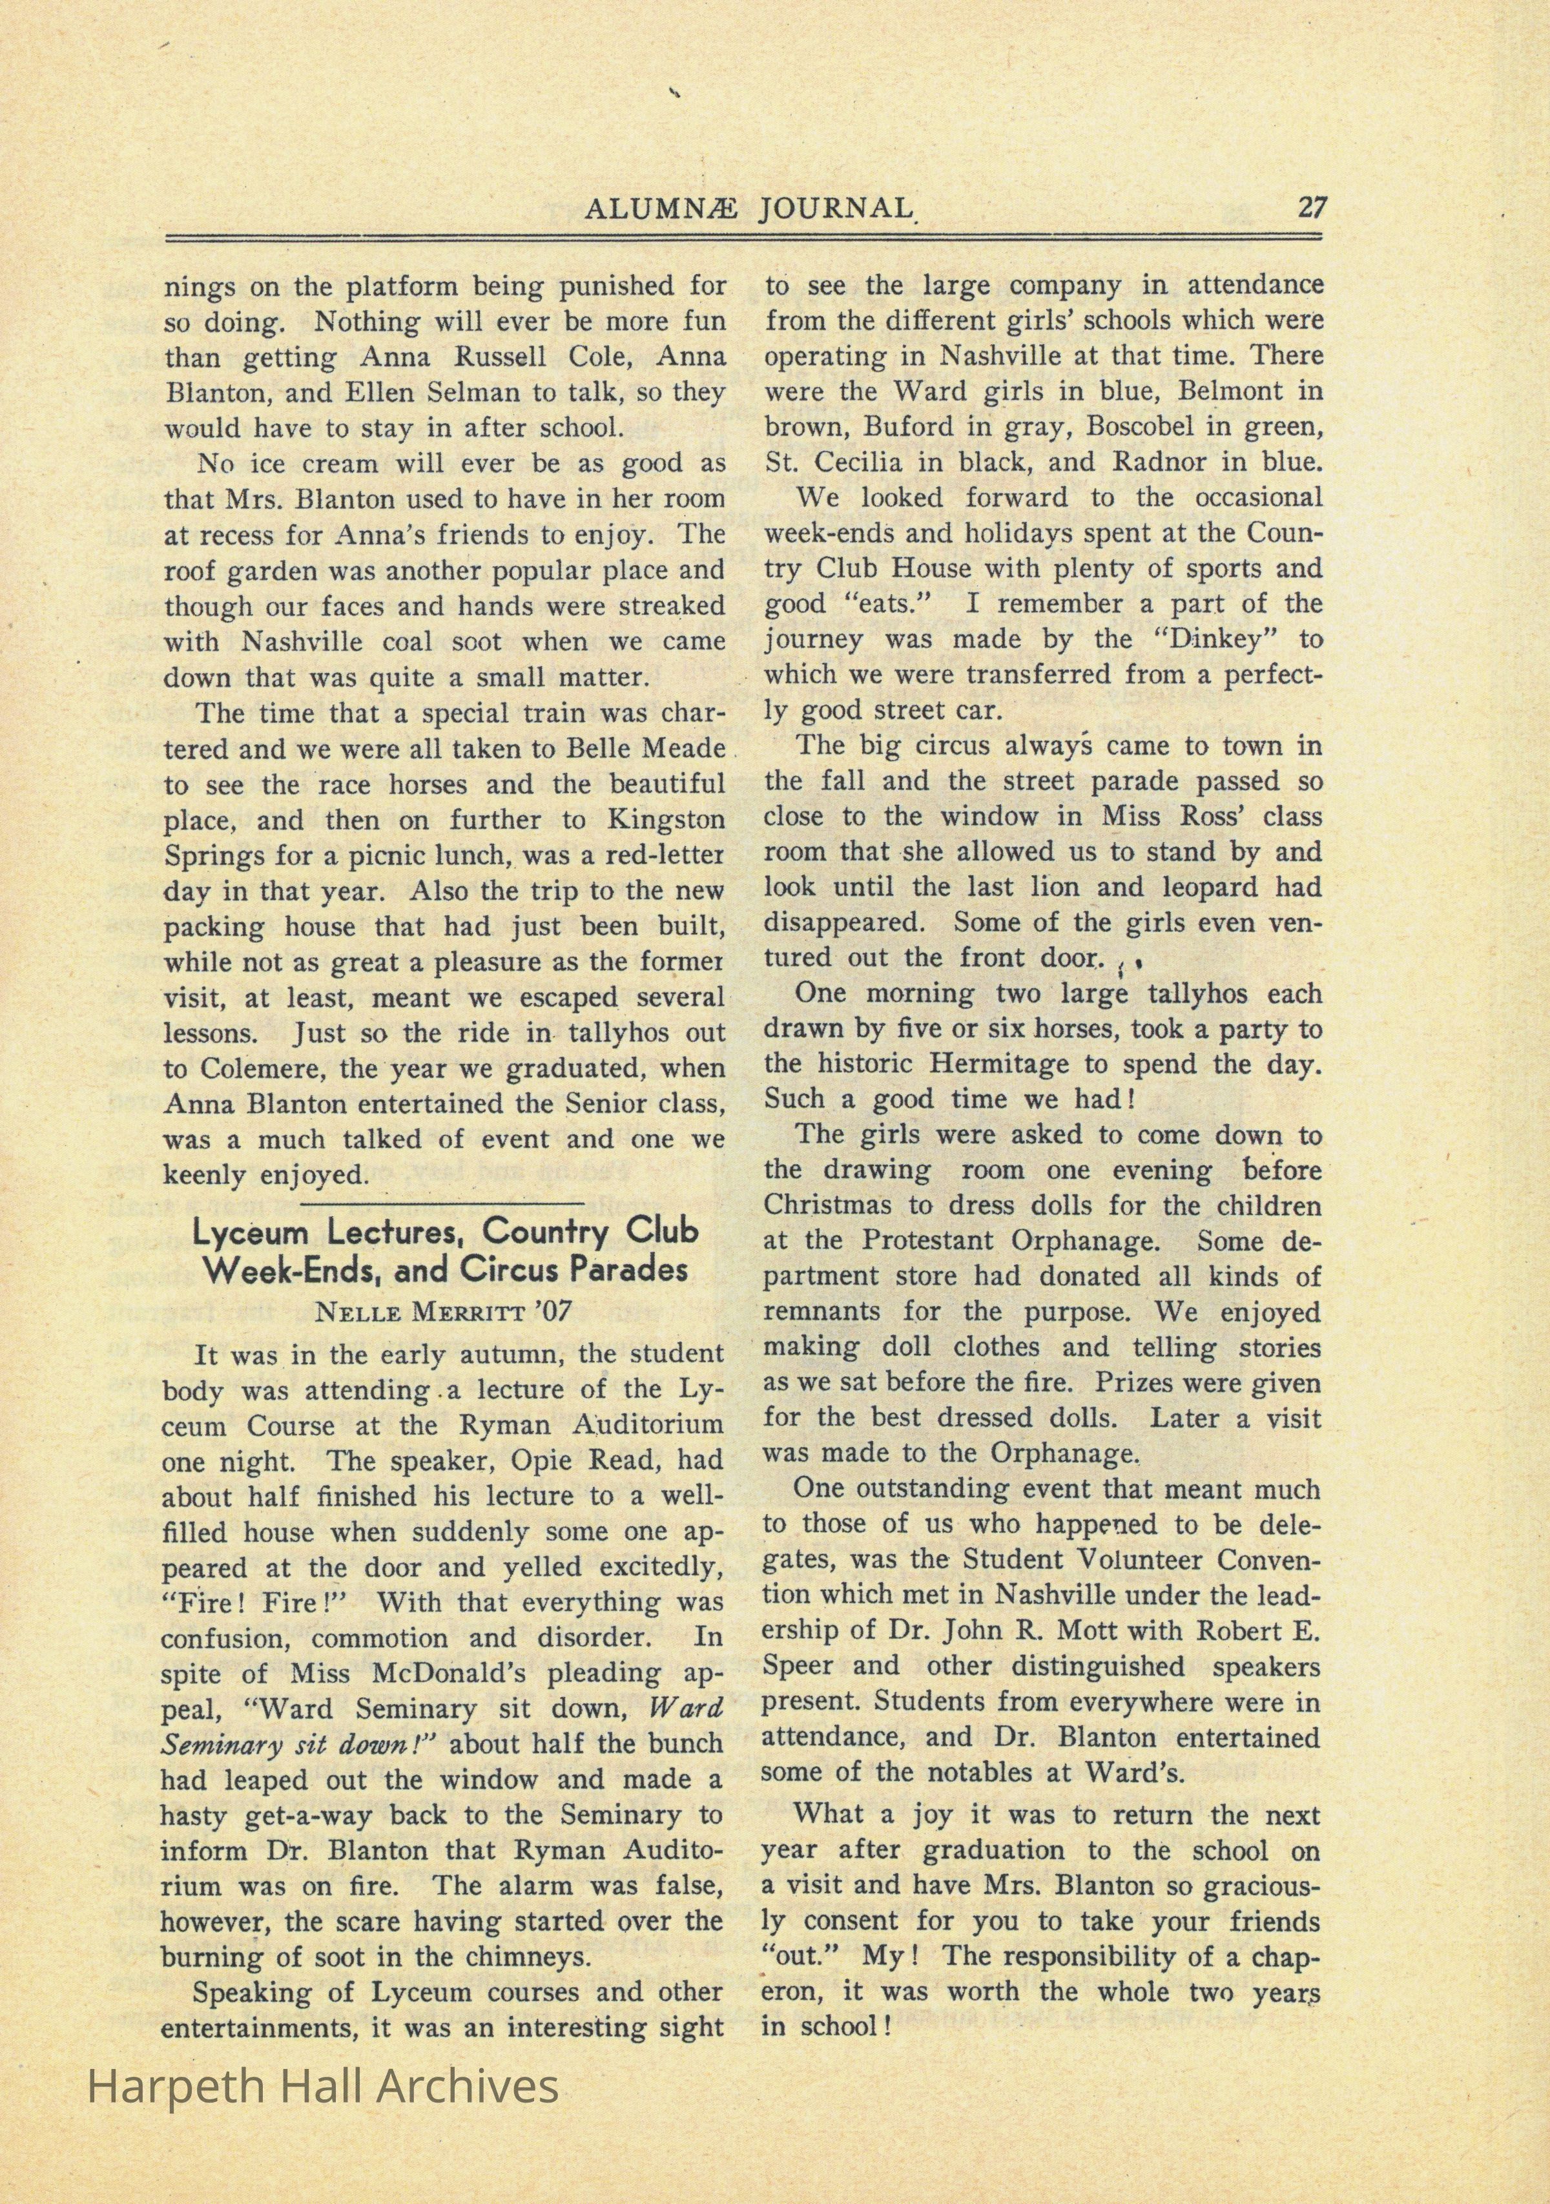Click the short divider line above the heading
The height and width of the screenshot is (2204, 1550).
(442, 1202)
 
